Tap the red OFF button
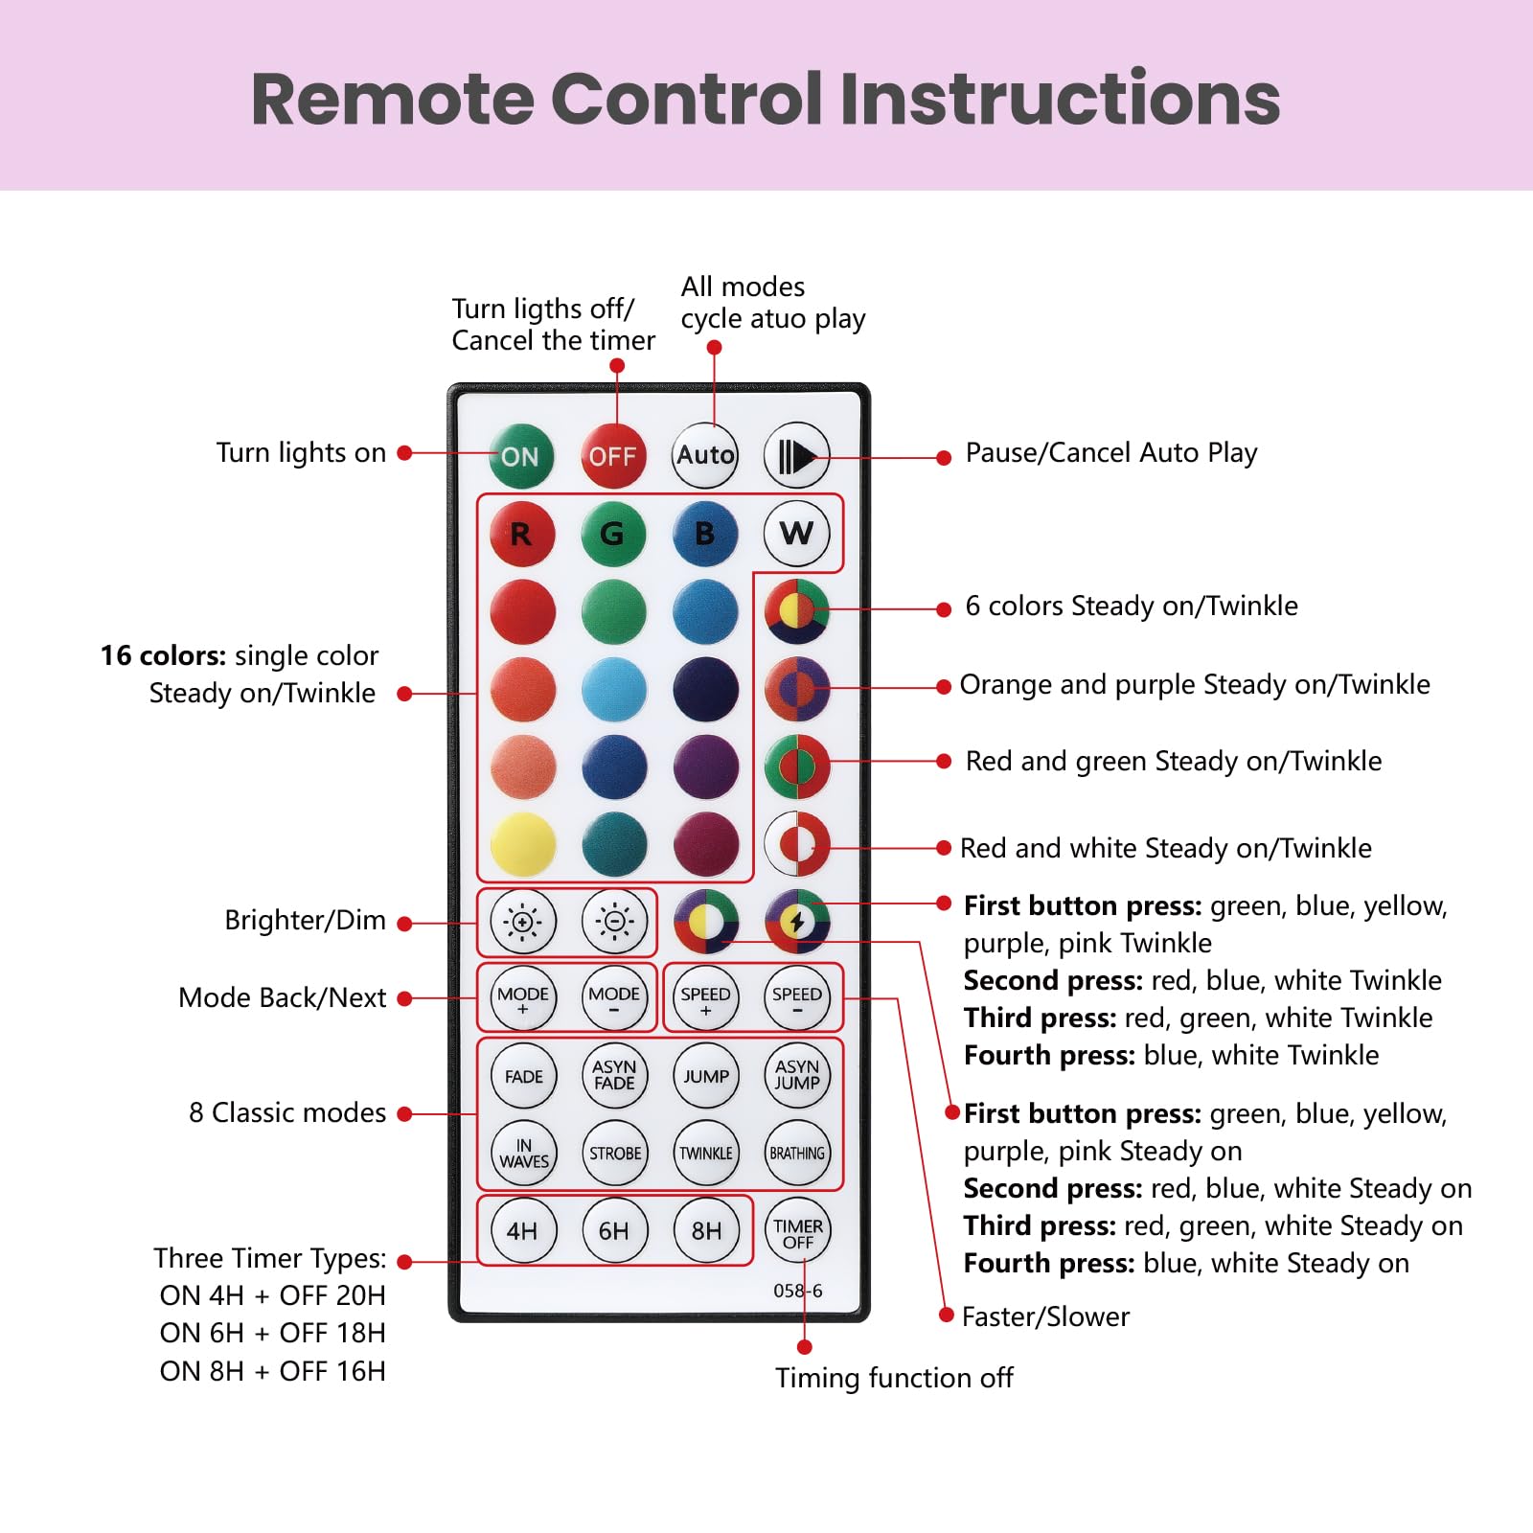point(613,456)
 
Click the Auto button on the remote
point(705,455)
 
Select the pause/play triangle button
point(796,456)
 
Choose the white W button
point(796,533)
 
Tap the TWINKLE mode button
point(705,1154)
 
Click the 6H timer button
point(613,1231)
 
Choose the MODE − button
point(614,998)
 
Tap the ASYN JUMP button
point(797,1075)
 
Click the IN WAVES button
point(523,1154)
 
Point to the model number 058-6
point(797,1291)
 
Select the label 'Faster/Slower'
point(1045,1316)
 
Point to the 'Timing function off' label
point(894,1378)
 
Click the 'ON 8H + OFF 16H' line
point(273,1371)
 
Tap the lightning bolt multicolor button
point(797,922)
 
